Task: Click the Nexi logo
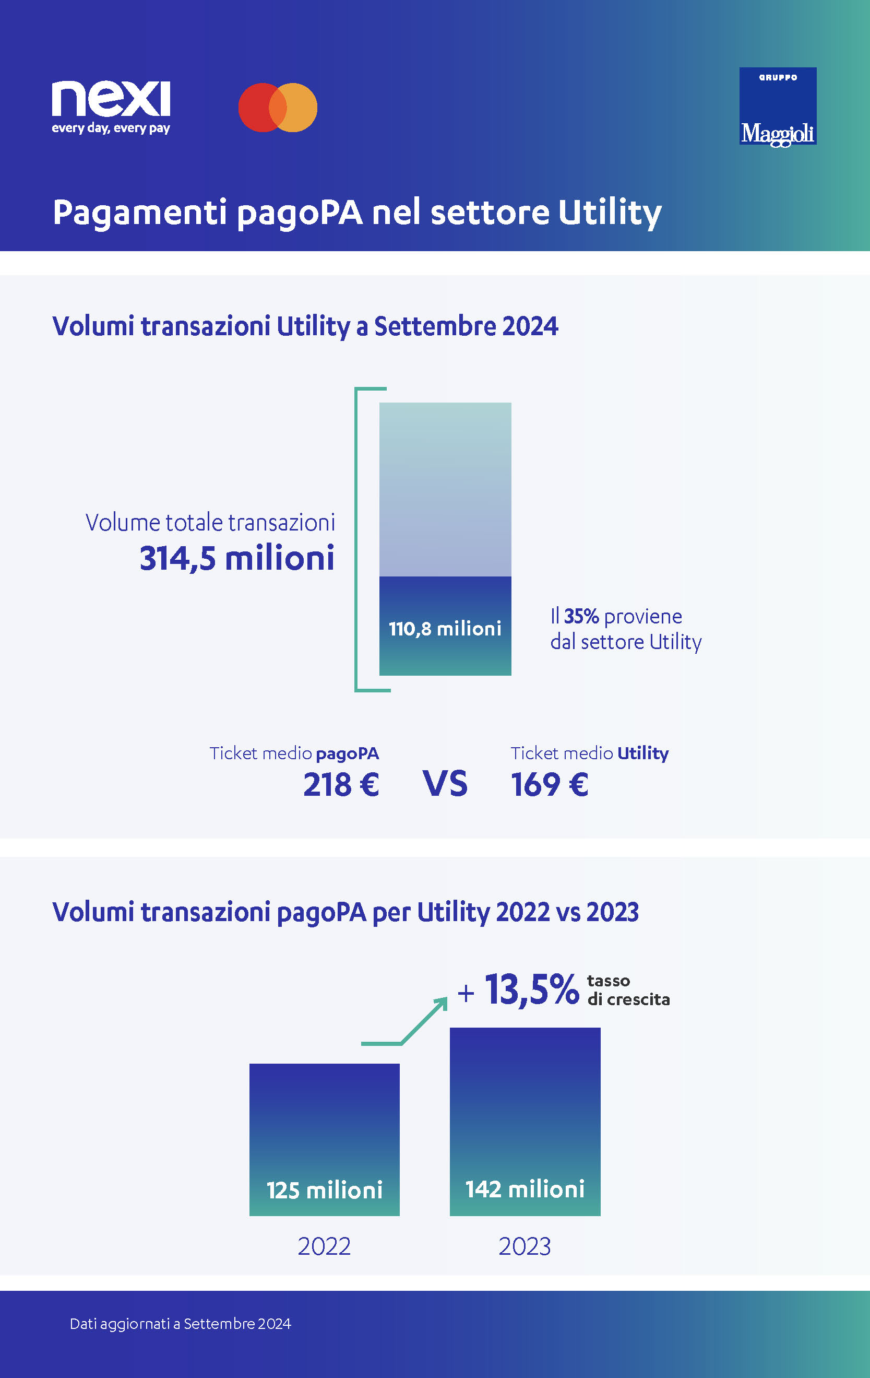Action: point(111,100)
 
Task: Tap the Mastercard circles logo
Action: point(278,108)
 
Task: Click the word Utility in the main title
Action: point(610,213)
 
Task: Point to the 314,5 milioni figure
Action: point(237,559)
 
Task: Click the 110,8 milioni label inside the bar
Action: point(445,629)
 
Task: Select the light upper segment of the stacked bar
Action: point(445,489)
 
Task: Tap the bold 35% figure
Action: point(581,616)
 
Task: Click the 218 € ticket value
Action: point(341,785)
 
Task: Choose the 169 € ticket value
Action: point(549,785)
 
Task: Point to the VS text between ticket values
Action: point(445,784)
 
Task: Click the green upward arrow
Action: point(423,1021)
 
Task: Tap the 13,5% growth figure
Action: point(532,990)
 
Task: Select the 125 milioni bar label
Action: point(324,1191)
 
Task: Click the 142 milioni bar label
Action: point(525,1189)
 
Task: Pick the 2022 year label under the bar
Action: point(324,1246)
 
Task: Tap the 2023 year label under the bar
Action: point(525,1246)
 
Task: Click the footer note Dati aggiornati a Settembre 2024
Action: point(180,1324)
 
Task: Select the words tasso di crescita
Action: point(628,990)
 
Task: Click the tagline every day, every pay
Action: point(111,128)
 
